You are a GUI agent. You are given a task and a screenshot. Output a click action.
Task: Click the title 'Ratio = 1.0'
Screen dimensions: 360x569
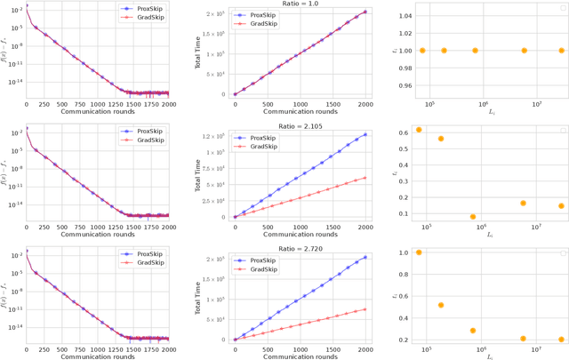[298, 4]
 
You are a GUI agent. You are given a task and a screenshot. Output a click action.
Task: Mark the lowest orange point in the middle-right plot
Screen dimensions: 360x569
[473, 217]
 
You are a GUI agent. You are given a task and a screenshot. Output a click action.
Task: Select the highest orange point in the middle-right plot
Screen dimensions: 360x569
[419, 130]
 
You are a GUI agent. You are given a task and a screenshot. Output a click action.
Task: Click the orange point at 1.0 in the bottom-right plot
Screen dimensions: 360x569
[419, 252]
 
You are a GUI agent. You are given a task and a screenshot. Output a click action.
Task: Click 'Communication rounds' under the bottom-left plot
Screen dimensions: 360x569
[98, 356]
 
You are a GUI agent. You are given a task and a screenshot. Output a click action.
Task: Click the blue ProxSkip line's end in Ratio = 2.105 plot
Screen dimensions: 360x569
[365, 135]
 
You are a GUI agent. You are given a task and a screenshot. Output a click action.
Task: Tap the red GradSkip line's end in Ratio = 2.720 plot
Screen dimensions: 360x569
[365, 309]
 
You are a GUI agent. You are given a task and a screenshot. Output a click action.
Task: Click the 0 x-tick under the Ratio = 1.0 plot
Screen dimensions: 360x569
[235, 103]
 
